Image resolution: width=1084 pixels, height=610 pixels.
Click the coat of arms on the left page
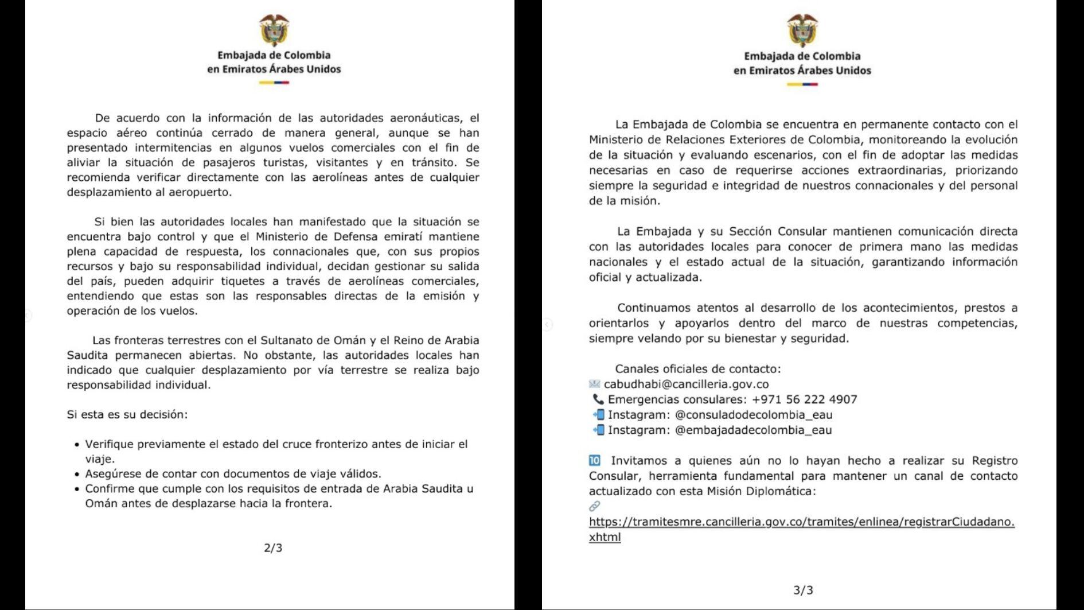coord(274,30)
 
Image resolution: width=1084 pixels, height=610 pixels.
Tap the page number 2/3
coord(273,548)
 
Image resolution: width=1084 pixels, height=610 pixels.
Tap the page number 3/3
coord(803,590)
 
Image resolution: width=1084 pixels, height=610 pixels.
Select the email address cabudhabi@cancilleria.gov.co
coord(686,384)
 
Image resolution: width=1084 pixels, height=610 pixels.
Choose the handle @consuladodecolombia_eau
coord(754,415)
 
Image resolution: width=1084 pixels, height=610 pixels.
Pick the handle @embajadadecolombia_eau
coord(753,430)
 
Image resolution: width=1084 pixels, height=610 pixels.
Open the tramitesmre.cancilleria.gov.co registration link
coord(801,522)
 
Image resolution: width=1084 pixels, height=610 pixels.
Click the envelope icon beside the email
coord(595,384)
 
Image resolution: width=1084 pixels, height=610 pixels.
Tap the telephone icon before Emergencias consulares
coord(598,399)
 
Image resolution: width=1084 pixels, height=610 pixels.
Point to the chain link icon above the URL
coord(595,506)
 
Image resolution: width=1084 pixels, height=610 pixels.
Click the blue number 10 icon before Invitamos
coord(595,460)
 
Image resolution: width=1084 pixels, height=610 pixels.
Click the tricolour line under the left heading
coord(274,83)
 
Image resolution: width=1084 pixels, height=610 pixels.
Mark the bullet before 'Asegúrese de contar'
coord(77,475)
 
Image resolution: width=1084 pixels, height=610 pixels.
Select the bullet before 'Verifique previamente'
coord(77,445)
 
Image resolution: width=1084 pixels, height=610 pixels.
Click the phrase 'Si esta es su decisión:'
coord(127,414)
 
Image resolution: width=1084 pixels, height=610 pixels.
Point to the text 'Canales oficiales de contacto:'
coord(698,369)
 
